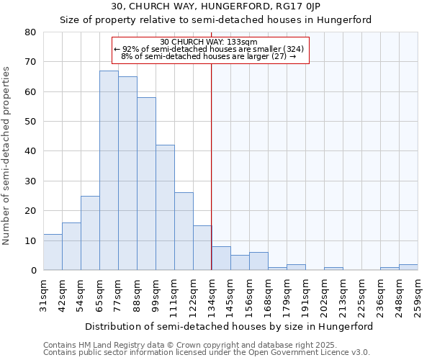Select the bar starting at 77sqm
click(x=127, y=174)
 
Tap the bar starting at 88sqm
click(x=146, y=184)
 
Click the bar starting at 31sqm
click(x=53, y=252)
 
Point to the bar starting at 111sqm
click(x=184, y=231)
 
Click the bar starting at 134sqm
click(x=221, y=258)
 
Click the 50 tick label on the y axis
click(x=31, y=122)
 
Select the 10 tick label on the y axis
click(x=31, y=240)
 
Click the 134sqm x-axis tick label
click(x=212, y=294)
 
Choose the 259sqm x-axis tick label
click(x=418, y=294)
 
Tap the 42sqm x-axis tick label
click(x=62, y=294)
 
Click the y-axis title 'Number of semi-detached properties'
click(x=7, y=155)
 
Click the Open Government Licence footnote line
click(x=207, y=352)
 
